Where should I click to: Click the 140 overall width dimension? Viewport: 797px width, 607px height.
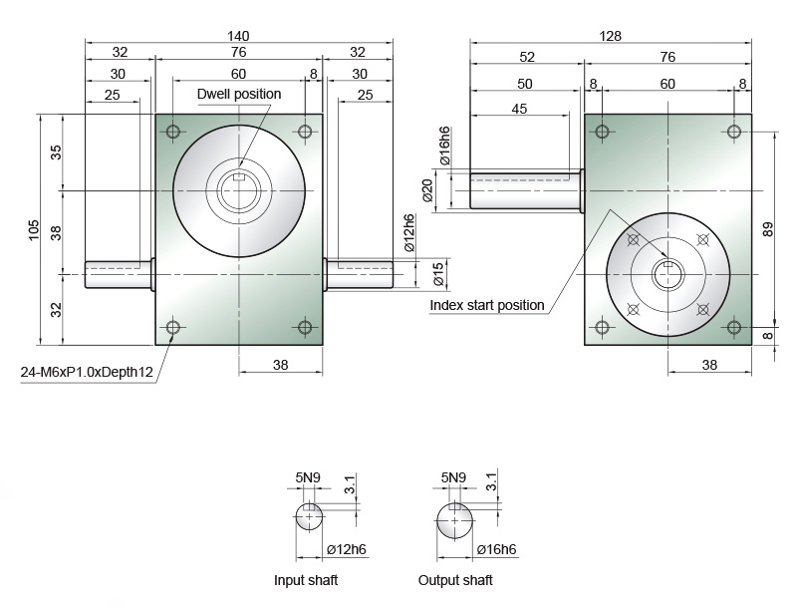[x=238, y=36]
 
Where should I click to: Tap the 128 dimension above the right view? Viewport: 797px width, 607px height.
[x=610, y=36]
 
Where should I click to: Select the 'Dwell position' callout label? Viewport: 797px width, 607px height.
[x=239, y=94]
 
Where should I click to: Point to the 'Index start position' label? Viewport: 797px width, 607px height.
[x=487, y=305]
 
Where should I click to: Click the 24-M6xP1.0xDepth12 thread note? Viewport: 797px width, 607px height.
[x=87, y=372]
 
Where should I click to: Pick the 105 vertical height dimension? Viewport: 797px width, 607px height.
[x=34, y=230]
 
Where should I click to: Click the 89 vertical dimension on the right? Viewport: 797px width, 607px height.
[x=767, y=229]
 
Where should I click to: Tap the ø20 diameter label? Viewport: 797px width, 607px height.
[x=427, y=190]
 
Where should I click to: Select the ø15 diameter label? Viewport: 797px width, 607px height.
[x=438, y=274]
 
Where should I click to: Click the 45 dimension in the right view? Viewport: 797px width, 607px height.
[x=519, y=109]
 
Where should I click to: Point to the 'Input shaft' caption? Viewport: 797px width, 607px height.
[x=306, y=580]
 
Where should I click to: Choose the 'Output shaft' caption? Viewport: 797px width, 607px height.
[x=455, y=580]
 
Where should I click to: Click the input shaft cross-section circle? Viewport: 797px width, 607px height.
[x=309, y=516]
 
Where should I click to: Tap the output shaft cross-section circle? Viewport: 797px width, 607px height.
[x=455, y=520]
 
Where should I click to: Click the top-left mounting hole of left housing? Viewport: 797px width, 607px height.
[x=172, y=133]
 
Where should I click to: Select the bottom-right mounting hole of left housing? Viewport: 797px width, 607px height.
[x=305, y=327]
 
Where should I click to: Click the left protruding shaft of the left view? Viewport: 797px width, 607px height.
[x=120, y=274]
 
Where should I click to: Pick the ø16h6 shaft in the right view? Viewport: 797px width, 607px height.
[x=527, y=190]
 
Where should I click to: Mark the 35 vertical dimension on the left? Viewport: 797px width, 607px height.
[x=56, y=152]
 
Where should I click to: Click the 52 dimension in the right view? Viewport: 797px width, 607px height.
[x=527, y=57]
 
